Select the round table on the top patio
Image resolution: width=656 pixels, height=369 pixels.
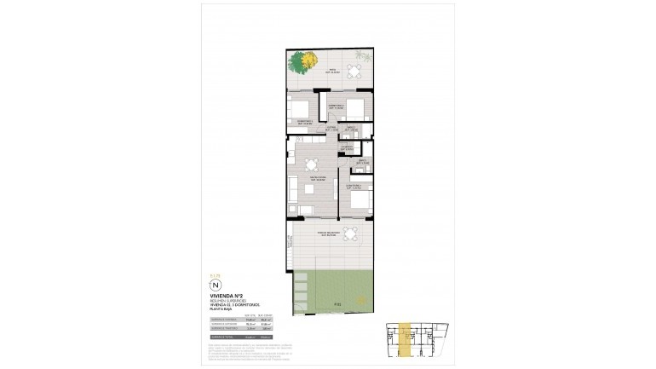pos(342,70)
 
